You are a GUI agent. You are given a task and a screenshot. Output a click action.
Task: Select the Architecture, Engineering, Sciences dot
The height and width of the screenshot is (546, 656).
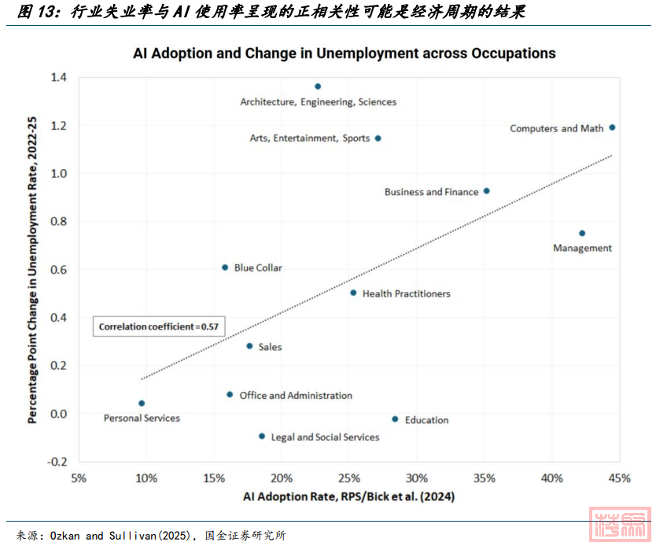(x=318, y=87)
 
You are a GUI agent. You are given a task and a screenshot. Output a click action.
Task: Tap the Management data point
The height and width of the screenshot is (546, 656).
(x=582, y=234)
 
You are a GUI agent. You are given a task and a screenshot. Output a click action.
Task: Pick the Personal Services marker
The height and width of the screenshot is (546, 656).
(x=142, y=404)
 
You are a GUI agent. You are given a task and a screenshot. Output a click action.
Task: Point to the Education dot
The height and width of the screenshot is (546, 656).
(x=395, y=419)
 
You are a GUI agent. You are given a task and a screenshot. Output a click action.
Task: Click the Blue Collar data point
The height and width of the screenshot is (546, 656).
(x=225, y=267)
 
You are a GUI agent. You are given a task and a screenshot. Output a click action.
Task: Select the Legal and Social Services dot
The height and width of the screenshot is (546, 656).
(x=262, y=436)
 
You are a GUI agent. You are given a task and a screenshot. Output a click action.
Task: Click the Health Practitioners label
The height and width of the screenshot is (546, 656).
(x=406, y=293)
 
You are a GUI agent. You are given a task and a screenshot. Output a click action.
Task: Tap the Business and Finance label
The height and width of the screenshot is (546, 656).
(x=431, y=192)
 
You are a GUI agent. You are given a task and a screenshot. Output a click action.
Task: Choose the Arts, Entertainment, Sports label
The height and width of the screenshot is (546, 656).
(x=309, y=138)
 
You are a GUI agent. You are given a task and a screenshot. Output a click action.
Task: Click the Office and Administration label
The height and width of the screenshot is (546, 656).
(x=296, y=396)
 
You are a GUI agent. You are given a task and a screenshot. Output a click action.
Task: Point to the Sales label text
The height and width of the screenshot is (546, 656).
(x=270, y=347)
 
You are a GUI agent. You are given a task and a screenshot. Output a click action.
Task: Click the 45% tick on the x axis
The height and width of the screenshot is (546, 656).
(x=620, y=478)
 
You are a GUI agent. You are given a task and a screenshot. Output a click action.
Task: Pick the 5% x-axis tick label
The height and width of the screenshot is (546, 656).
(x=79, y=478)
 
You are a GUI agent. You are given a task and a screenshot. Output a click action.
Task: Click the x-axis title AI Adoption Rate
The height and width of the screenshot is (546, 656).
(x=348, y=497)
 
